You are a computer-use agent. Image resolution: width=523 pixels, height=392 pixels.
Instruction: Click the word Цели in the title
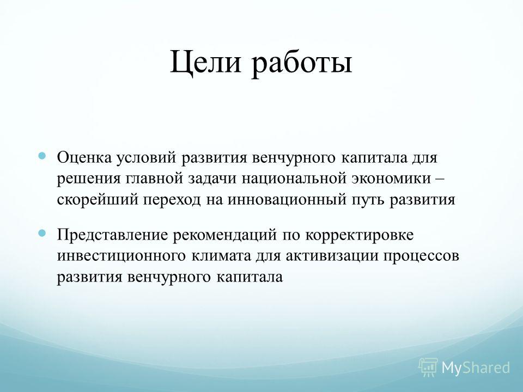point(205,62)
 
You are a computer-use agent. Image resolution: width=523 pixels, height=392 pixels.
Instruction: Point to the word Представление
point(112,235)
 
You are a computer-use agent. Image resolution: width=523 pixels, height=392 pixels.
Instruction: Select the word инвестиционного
point(121,256)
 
